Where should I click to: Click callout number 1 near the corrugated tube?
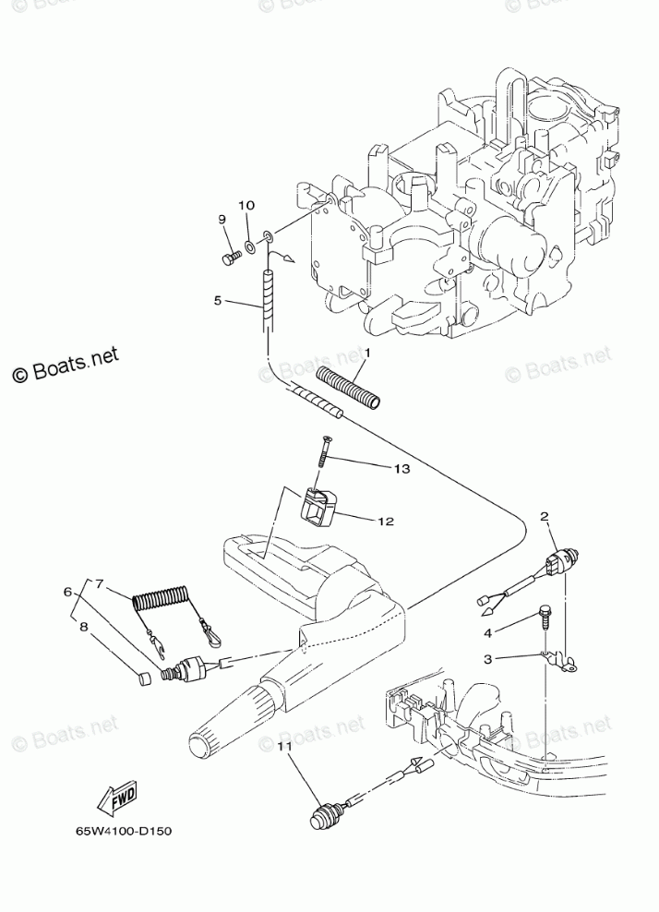click(366, 354)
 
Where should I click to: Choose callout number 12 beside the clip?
click(386, 522)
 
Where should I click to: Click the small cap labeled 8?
click(143, 681)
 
